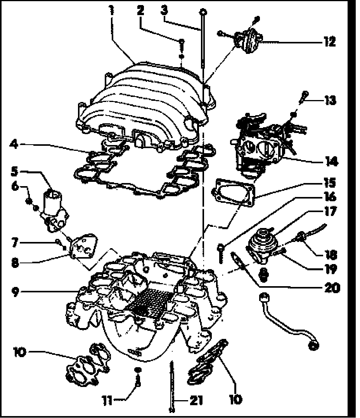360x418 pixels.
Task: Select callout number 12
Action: pos(329,41)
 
